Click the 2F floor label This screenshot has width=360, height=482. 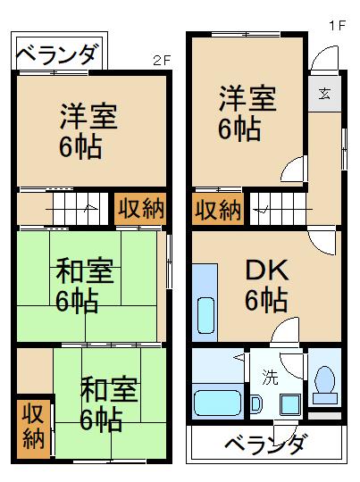[x=161, y=61]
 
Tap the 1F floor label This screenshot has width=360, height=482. [x=336, y=26]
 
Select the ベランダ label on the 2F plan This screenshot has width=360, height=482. [x=56, y=54]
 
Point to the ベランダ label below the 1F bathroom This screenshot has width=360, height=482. [x=265, y=443]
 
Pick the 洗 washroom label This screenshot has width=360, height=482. [x=269, y=376]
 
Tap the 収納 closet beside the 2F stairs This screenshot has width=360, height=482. [x=140, y=209]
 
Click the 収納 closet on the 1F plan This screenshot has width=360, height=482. [x=218, y=210]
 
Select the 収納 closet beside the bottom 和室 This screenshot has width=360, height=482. [x=34, y=427]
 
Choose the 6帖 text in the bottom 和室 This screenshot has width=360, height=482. [x=100, y=417]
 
